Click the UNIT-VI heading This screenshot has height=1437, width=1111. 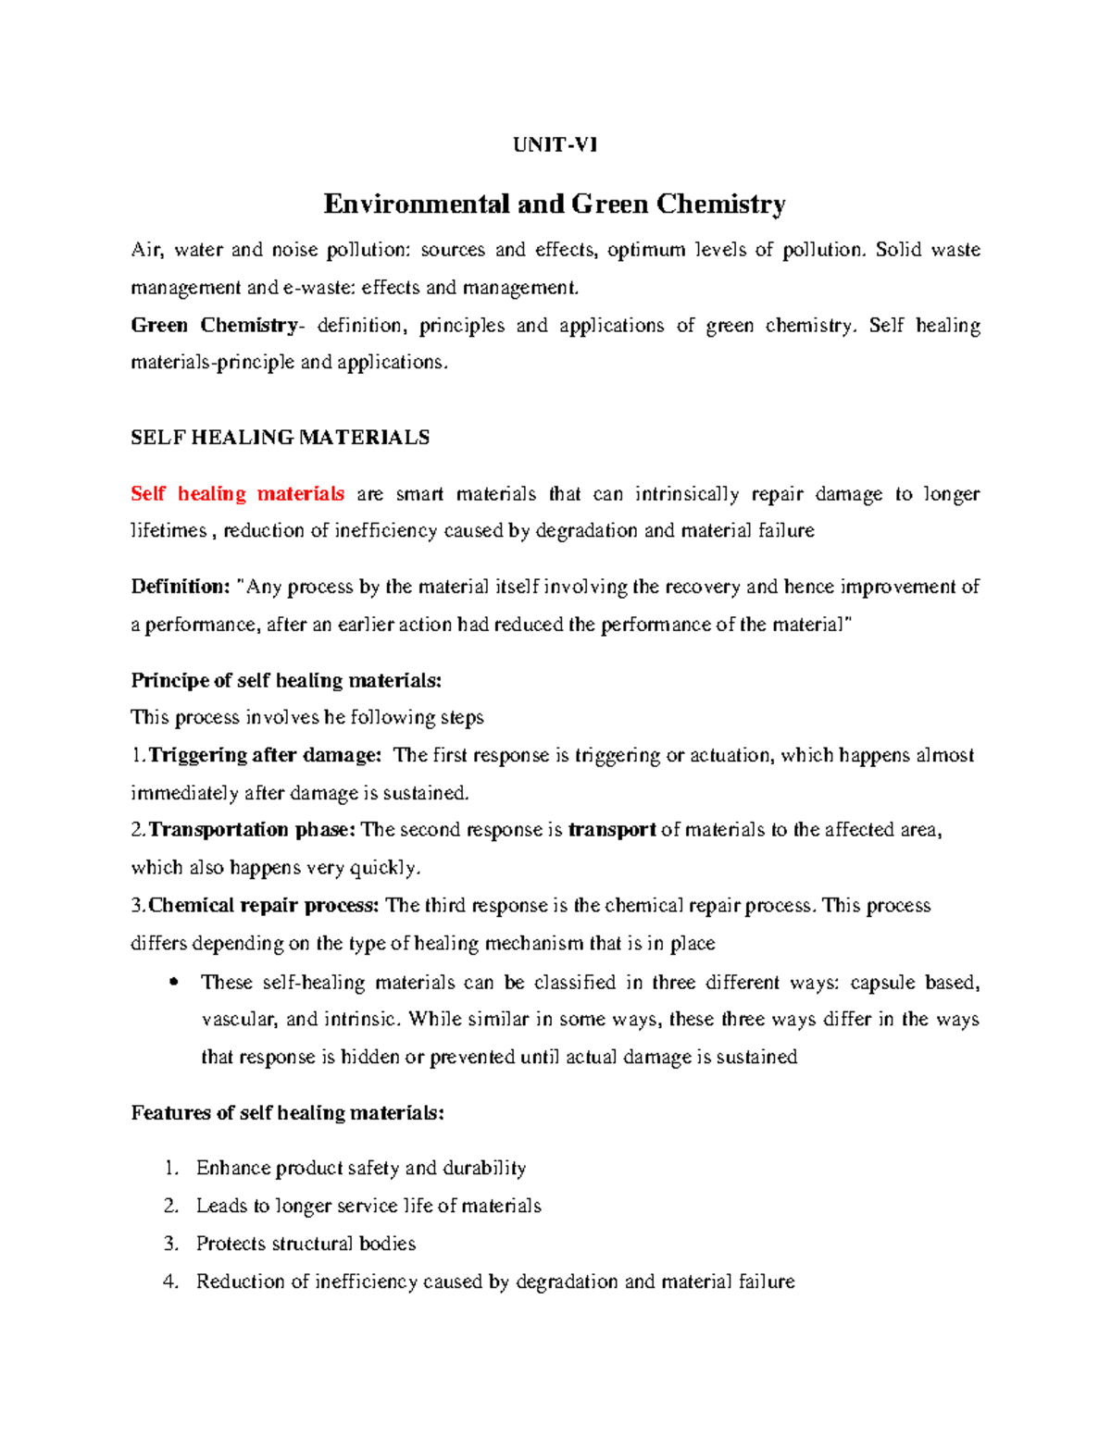555,144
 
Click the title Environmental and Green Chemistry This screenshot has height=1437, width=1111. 555,204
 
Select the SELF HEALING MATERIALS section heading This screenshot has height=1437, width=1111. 280,438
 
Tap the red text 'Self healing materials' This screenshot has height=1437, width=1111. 237,494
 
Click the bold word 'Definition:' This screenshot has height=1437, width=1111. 180,587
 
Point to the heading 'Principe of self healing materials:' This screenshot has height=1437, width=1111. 286,681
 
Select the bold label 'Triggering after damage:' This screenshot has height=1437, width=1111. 265,755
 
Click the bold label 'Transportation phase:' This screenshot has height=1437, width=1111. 252,830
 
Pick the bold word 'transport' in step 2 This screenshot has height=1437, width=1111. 612,830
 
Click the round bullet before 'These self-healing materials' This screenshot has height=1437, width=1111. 174,983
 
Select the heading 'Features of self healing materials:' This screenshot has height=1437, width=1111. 287,1113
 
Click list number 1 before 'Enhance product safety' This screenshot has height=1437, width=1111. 170,1169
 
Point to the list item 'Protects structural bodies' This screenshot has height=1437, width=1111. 306,1244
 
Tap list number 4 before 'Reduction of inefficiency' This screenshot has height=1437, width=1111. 170,1282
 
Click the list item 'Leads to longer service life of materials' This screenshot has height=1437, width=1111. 368,1206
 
